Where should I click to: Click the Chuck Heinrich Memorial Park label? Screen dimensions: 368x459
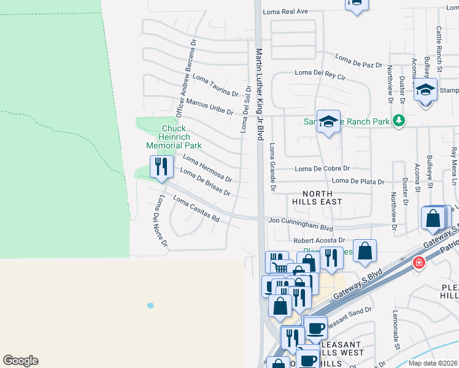click(174, 137)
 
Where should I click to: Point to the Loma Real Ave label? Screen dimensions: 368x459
click(285, 12)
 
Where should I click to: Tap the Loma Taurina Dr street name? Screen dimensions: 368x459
click(215, 85)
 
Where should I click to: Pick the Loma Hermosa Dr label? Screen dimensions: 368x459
click(207, 169)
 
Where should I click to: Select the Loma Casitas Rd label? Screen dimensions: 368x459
click(196, 209)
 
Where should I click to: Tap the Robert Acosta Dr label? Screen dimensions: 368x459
click(319, 241)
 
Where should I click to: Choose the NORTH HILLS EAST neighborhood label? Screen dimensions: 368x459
click(317, 197)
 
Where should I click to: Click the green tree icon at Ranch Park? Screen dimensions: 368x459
click(399, 120)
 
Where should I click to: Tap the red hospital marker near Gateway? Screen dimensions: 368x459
click(419, 263)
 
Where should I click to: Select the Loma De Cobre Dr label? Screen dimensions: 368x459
click(322, 168)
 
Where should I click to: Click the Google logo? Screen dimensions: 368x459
click(20, 361)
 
